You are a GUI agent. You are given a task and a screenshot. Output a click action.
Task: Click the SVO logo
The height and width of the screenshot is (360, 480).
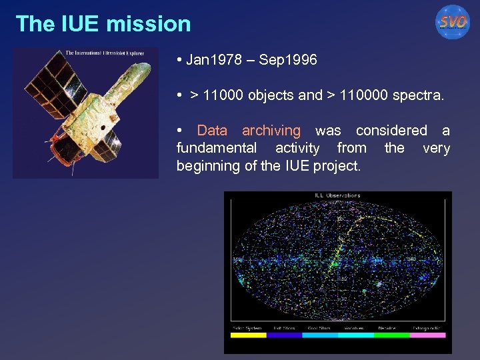[453, 22]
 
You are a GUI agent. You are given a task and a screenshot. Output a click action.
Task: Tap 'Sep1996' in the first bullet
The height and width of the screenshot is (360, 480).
[288, 60]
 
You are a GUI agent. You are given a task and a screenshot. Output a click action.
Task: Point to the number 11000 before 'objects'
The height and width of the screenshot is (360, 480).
[223, 95]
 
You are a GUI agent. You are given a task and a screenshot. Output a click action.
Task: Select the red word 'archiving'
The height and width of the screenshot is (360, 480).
[271, 131]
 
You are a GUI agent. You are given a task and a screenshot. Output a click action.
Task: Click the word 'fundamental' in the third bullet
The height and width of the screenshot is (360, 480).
[216, 148]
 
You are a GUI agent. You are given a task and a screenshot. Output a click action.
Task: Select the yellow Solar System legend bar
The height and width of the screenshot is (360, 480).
[248, 335]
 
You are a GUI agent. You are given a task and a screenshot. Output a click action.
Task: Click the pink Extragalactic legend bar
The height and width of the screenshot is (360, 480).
[427, 335]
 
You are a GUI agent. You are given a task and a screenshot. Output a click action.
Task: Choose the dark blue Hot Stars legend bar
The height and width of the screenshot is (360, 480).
[284, 335]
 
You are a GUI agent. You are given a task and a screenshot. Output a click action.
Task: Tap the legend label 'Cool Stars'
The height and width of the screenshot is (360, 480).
[320, 328]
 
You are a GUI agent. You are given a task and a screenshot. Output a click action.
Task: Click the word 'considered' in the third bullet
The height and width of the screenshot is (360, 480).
[391, 131]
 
